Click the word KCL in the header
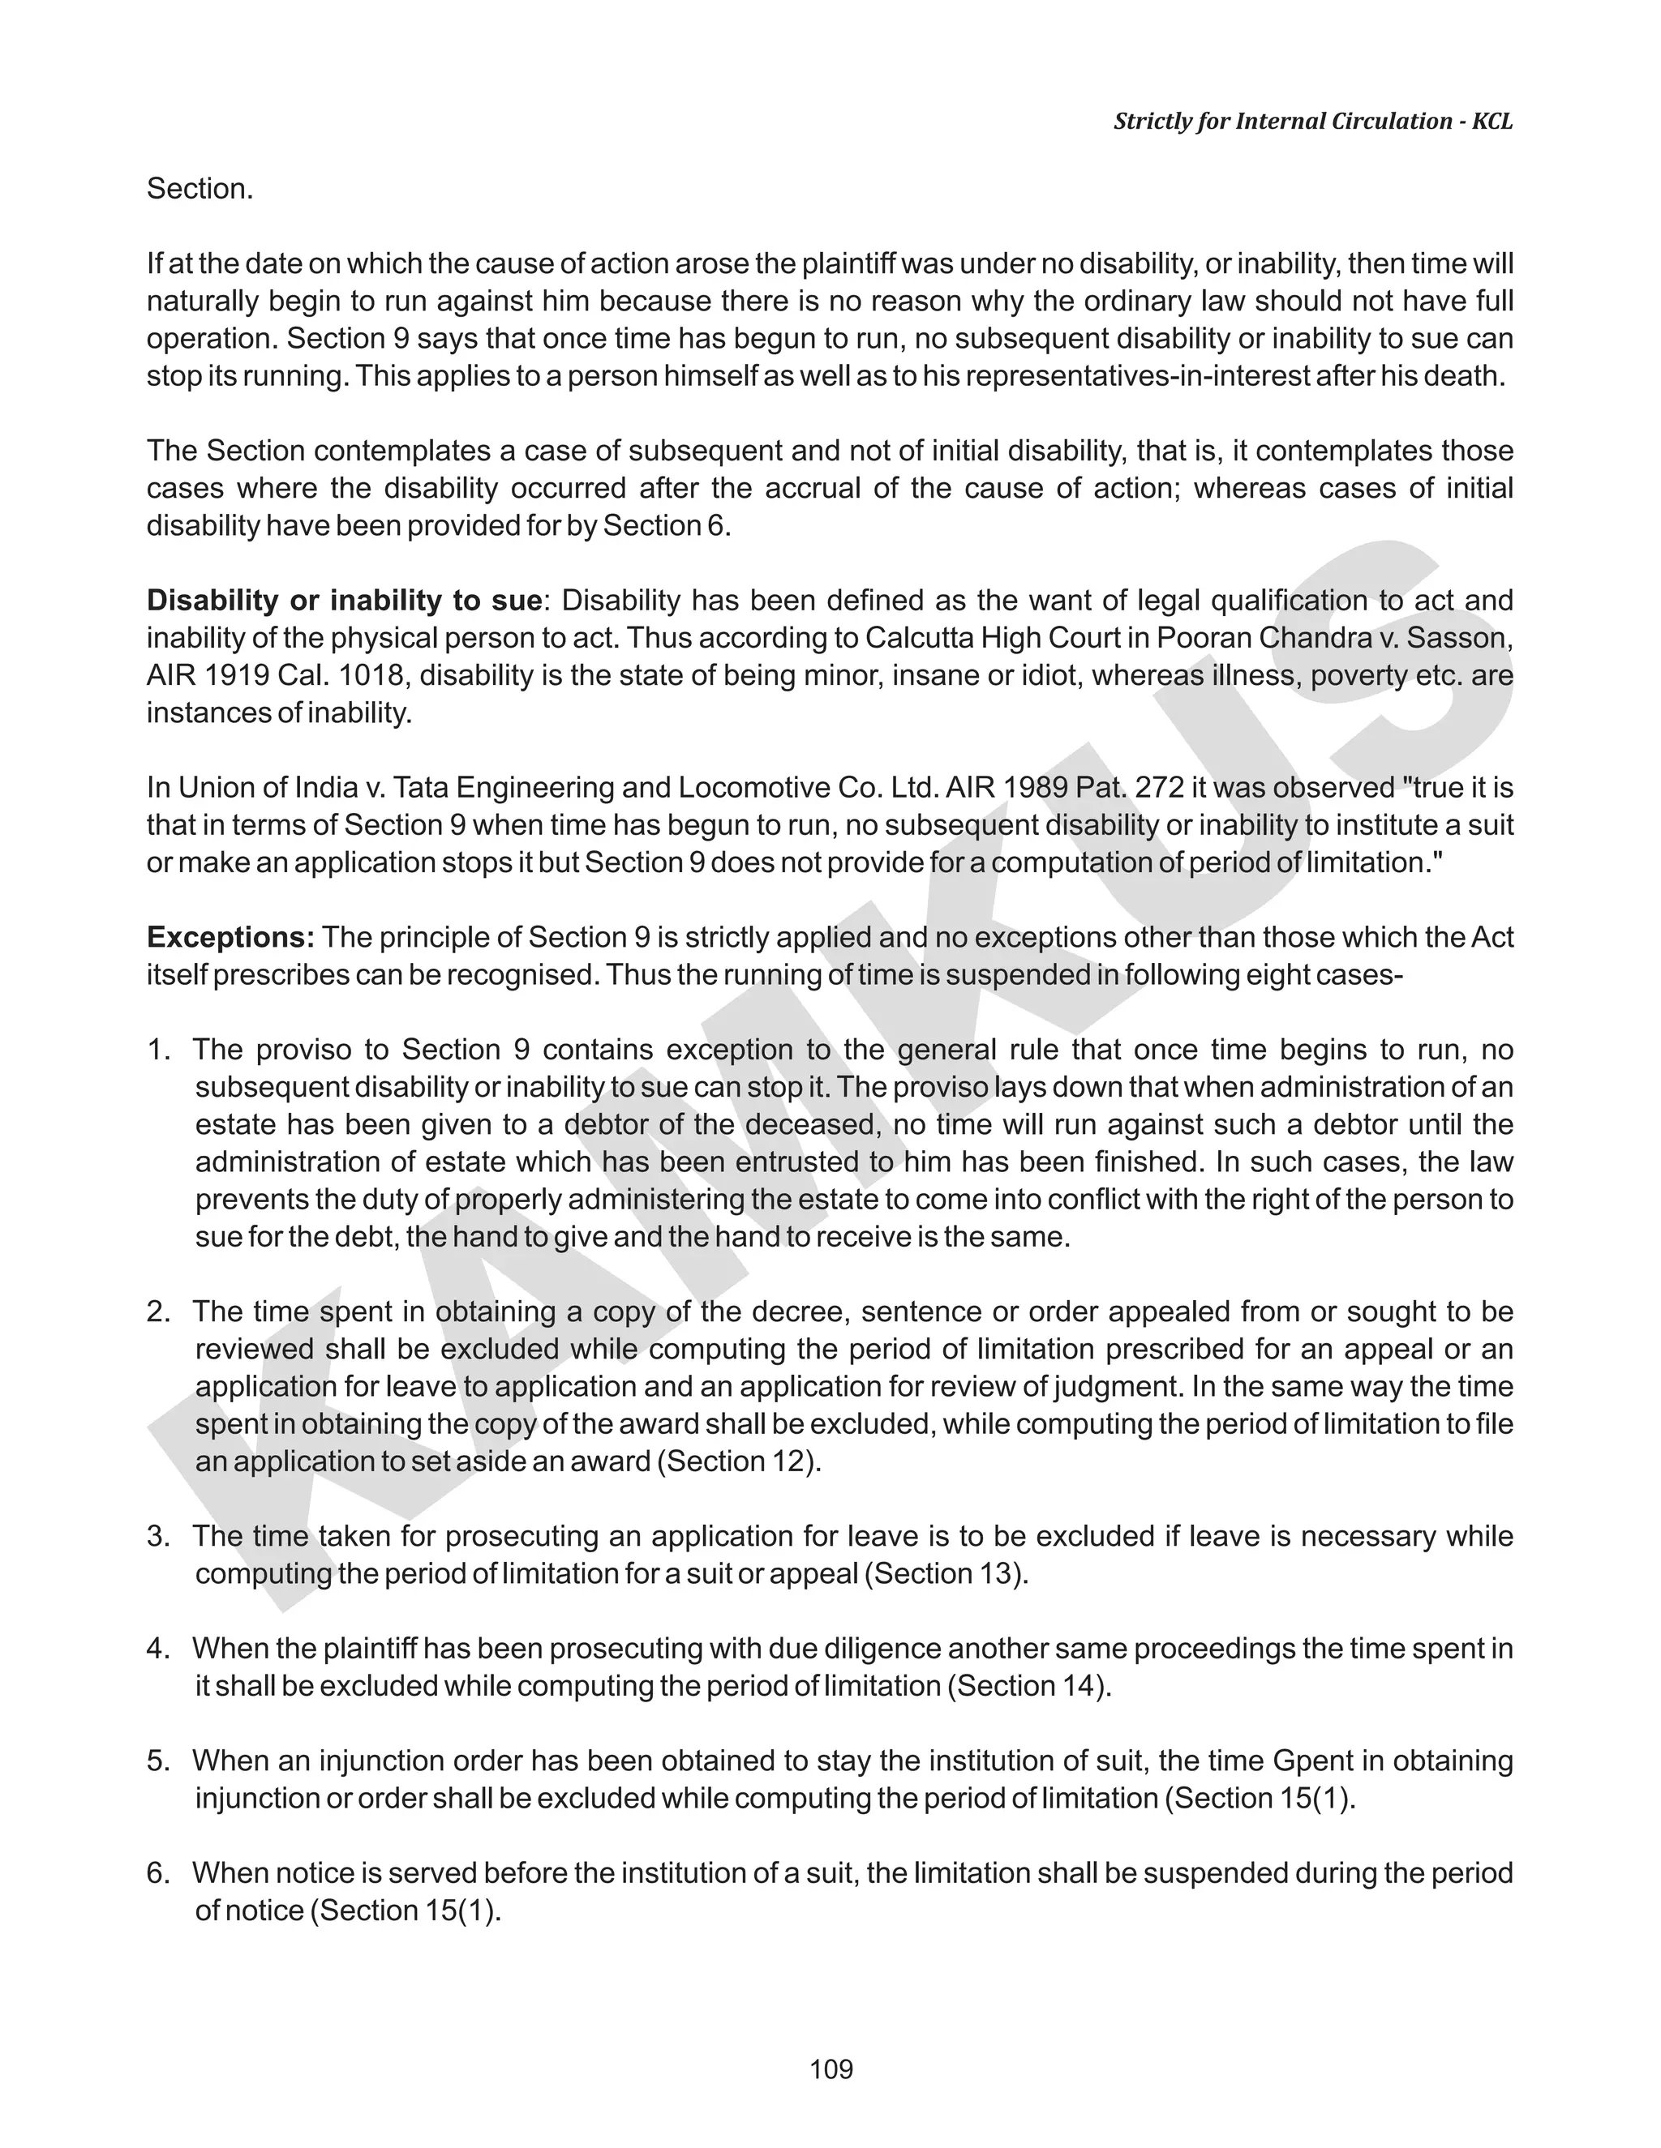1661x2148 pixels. pos(1491,121)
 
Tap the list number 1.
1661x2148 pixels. pos(158,1050)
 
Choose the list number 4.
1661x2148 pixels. pos(158,1649)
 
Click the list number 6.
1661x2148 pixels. pos(158,1872)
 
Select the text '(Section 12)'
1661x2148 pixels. pos(743,1461)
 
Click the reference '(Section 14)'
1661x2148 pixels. pos(1028,1686)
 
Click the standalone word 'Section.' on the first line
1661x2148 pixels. pos(200,189)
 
